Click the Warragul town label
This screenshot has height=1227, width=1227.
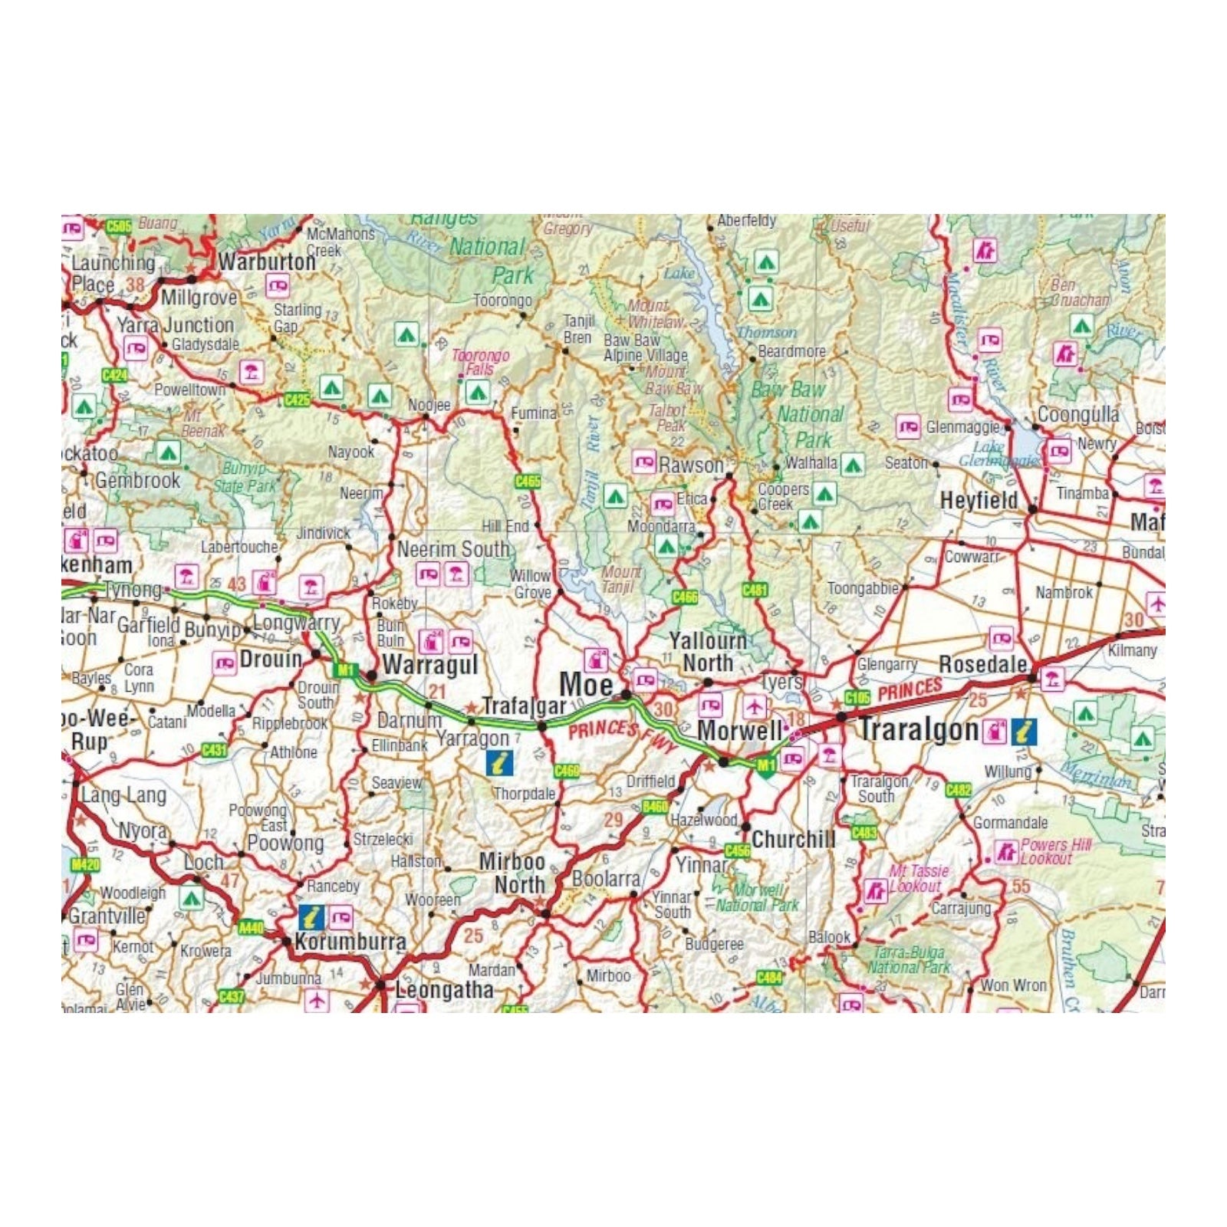click(429, 665)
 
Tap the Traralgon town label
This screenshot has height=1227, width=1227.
click(918, 729)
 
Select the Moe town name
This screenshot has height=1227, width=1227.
click(586, 685)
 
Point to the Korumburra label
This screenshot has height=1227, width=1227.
click(350, 942)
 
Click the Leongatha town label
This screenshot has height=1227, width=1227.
click(444, 990)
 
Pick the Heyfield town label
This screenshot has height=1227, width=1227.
click(979, 501)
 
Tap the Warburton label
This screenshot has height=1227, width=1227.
click(267, 262)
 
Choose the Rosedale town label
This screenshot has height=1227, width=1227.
click(982, 664)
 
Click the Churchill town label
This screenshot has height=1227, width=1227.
click(794, 839)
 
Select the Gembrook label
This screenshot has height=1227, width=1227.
click(138, 481)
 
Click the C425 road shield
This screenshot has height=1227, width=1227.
click(297, 400)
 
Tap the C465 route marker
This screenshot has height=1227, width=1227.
click(528, 481)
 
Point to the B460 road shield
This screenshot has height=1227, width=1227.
click(655, 806)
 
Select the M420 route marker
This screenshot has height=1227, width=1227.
click(84, 865)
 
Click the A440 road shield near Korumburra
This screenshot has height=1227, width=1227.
click(251, 928)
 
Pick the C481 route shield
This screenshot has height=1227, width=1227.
click(755, 590)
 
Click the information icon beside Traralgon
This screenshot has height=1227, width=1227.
click(1024, 731)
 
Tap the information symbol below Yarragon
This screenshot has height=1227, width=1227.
click(500, 762)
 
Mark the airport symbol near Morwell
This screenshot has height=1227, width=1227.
click(755, 706)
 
